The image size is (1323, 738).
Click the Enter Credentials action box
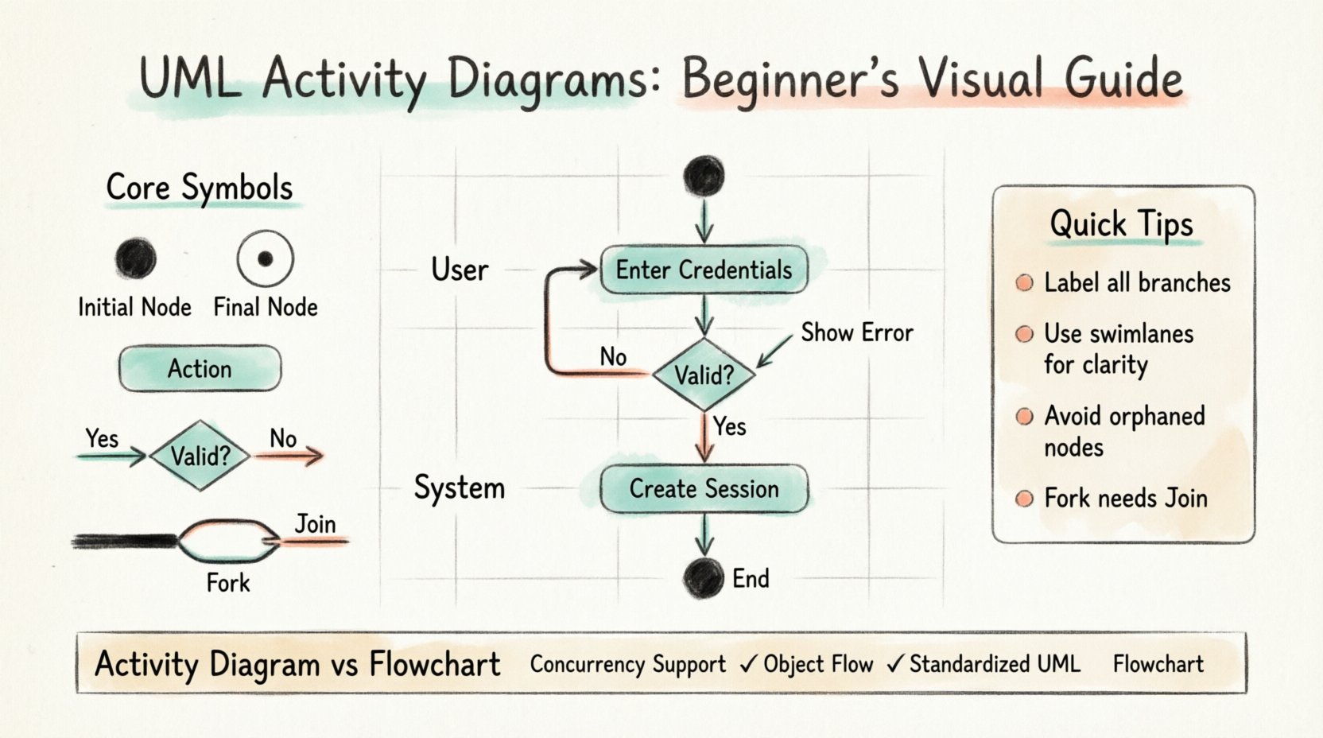pyautogui.click(x=704, y=270)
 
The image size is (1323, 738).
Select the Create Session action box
pyautogui.click(x=704, y=488)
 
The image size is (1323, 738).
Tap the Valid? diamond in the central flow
pyautogui.click(x=704, y=374)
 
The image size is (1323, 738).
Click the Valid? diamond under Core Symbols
pyautogui.click(x=200, y=456)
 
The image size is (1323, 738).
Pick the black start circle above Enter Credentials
pyautogui.click(x=704, y=176)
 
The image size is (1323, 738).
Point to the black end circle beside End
pyautogui.click(x=704, y=577)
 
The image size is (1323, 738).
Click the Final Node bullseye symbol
pyautogui.click(x=266, y=258)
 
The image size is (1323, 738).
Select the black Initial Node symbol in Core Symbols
pyautogui.click(x=135, y=258)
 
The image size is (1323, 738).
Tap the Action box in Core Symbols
pyautogui.click(x=200, y=368)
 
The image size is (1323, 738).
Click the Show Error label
pyautogui.click(x=856, y=332)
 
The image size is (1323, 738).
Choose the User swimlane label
pyautogui.click(x=460, y=270)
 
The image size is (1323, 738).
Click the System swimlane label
pyautogui.click(x=460, y=487)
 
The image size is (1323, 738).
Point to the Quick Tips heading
pyautogui.click(x=1121, y=223)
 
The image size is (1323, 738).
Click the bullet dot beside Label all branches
pyautogui.click(x=1025, y=283)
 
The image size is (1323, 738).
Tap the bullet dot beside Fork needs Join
pyautogui.click(x=1025, y=499)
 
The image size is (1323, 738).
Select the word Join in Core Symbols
pyautogui.click(x=315, y=524)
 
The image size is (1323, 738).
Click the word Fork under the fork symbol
pyautogui.click(x=228, y=583)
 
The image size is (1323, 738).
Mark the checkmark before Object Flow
pyautogui.click(x=747, y=664)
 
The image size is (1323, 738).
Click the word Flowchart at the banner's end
pyautogui.click(x=1158, y=664)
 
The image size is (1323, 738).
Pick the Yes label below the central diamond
pyautogui.click(x=729, y=427)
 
